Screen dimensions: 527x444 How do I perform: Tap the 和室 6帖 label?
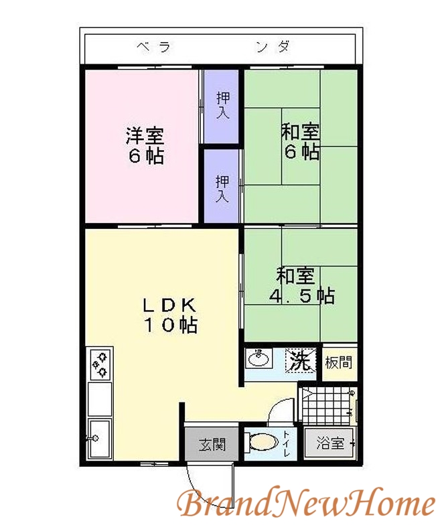tap(299, 142)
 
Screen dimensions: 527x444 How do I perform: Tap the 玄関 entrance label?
tap(212, 444)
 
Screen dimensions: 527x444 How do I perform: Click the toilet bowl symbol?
tap(263, 441)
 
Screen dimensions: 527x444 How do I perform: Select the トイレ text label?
tap(287, 444)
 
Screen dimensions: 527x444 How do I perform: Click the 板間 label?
tap(338, 364)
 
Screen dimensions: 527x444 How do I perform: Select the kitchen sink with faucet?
tap(100, 438)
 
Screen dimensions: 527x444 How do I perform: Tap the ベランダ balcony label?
tap(214, 47)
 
